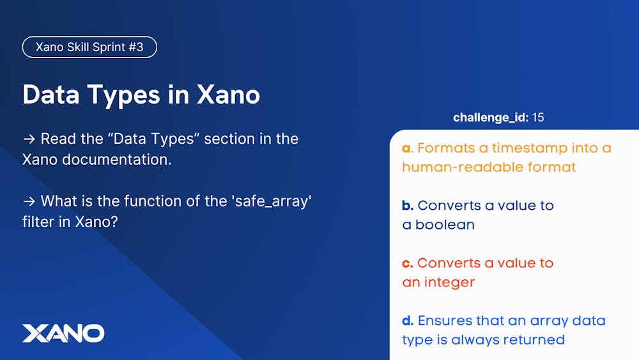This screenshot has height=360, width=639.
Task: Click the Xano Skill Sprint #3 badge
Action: pos(89,47)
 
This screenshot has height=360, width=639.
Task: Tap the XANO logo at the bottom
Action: pos(63,333)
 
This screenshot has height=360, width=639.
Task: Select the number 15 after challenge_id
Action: pos(537,118)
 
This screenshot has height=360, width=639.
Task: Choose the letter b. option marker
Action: pos(408,206)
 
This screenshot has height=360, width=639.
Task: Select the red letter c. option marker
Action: pos(408,263)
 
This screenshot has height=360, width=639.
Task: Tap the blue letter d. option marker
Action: pos(408,320)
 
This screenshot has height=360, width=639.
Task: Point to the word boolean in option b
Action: pos(445,225)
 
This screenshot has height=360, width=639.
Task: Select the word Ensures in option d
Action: pos(450,320)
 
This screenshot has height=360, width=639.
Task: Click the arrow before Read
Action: pos(29,139)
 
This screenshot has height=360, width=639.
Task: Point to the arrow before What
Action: pos(29,201)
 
